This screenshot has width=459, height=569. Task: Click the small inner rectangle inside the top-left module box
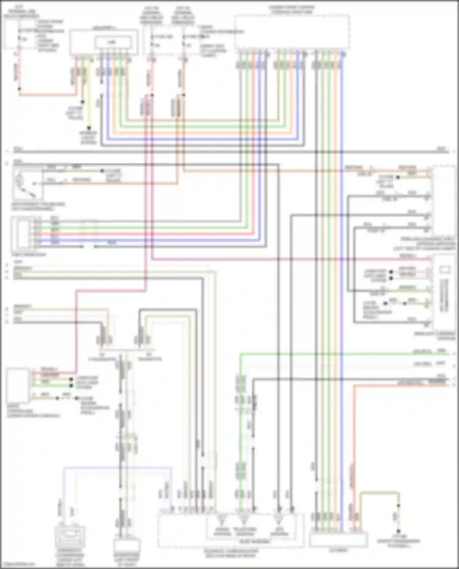(114, 42)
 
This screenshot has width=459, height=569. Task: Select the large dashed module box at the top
(292, 31)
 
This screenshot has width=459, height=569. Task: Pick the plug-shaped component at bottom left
(70, 538)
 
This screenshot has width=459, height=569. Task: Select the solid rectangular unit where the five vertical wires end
(338, 540)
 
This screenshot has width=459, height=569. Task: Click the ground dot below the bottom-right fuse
(398, 532)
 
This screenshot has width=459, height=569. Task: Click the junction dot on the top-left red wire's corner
(20, 89)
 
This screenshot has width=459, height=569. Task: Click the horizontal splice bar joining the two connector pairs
(127, 349)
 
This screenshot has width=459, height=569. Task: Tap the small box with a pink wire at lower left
(18, 385)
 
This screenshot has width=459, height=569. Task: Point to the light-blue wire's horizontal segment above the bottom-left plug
(116, 467)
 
